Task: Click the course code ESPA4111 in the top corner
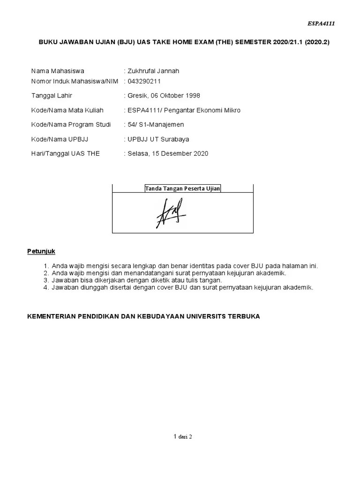322,23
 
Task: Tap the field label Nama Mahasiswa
57,71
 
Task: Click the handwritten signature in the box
170,213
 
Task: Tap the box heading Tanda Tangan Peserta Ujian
182,188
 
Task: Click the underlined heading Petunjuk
41,251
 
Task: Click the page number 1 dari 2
182,436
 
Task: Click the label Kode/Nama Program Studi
71,125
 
